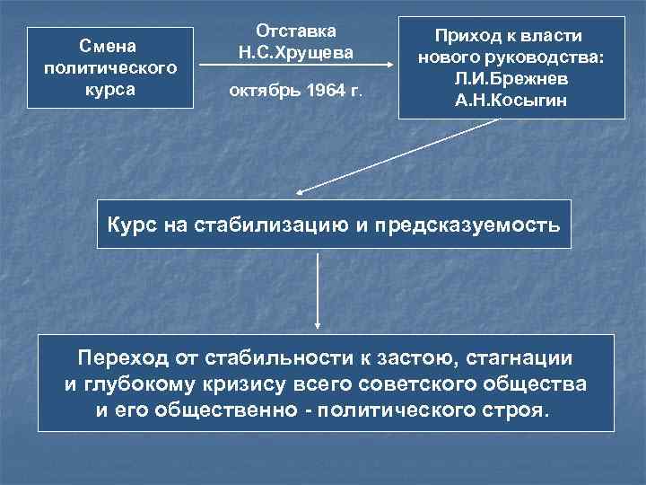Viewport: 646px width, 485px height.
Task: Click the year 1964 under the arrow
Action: point(327,92)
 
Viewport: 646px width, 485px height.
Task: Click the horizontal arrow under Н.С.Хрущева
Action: point(296,65)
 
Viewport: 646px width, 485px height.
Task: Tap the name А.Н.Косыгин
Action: point(510,100)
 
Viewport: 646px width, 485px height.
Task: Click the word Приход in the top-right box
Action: point(471,36)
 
